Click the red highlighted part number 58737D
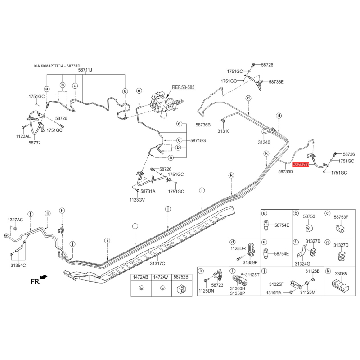[301, 165]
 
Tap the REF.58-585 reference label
[183, 87]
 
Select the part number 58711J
[85, 70]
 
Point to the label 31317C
[157, 263]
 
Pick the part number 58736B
[203, 125]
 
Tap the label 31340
[264, 142]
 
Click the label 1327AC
[15, 220]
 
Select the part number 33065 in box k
[341, 274]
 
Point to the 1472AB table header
[141, 277]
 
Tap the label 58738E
[276, 82]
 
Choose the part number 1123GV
[137, 200]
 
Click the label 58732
[35, 143]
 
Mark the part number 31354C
[18, 265]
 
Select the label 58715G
[198, 140]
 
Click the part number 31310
[224, 131]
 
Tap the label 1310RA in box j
[274, 293]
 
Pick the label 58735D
[286, 171]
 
